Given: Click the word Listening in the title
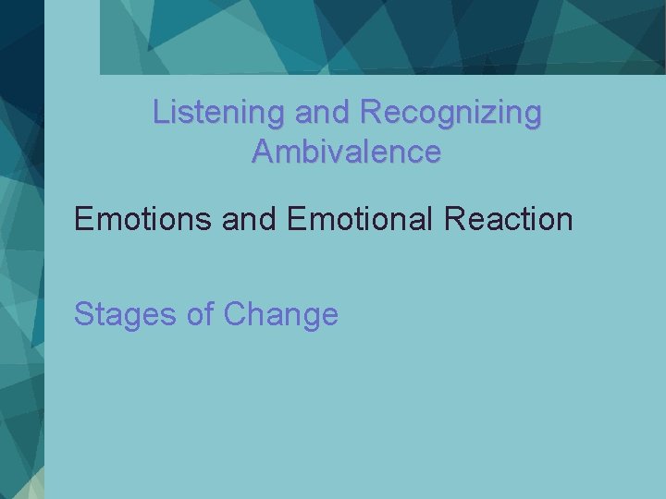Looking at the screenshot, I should tap(219, 113).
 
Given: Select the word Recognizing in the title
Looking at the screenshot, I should tap(450, 113).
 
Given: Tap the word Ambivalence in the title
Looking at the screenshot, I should tap(346, 151).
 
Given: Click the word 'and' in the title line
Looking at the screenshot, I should tap(323, 113).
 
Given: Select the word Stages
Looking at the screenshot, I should tap(126, 315).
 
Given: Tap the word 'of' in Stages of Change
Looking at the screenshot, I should tap(201, 314).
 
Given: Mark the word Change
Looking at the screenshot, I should tap(281, 315).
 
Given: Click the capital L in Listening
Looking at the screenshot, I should tap(160, 113).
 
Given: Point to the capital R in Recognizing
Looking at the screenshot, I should tap(370, 113).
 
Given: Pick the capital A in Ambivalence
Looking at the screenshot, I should tap(262, 151).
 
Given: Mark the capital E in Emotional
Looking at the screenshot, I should tap(298, 219).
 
